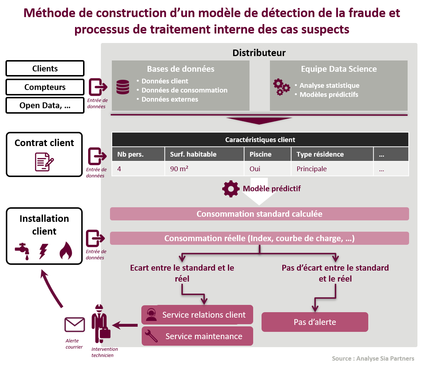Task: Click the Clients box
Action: [45, 68]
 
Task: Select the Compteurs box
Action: [45, 87]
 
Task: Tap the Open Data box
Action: [45, 106]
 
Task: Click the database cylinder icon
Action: [123, 87]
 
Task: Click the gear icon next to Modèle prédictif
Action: [231, 189]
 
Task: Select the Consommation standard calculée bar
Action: [259, 214]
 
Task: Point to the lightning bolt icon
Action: [43, 251]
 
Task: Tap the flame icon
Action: [66, 251]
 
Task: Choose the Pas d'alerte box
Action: [315, 322]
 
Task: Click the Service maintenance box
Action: [197, 336]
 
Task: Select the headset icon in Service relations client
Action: [151, 315]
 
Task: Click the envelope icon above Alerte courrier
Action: [74, 325]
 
